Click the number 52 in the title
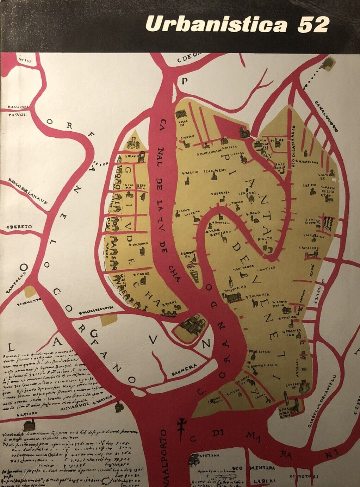(x=313, y=25)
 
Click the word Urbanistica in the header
(x=216, y=25)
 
